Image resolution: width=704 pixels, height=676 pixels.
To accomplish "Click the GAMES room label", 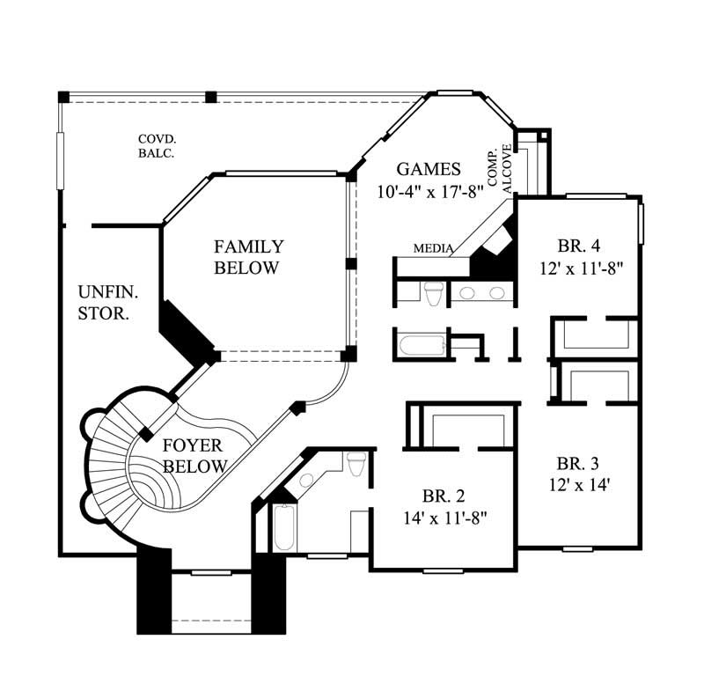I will (428, 169).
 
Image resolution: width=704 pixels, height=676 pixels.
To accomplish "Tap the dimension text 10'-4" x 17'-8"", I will (428, 191).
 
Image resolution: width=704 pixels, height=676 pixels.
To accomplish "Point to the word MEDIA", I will (433, 249).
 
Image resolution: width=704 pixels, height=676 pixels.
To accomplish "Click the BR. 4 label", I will (579, 246).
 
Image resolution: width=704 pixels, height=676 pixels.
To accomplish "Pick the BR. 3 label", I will (578, 463).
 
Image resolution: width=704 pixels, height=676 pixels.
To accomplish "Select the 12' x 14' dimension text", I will (578, 483).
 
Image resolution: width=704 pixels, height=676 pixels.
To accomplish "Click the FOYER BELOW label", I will (195, 455).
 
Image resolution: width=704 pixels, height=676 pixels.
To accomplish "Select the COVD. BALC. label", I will (156, 145).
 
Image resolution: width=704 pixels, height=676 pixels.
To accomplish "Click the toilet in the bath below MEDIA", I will (432, 293).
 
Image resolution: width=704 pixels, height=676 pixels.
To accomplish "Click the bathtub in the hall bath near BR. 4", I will (421, 344).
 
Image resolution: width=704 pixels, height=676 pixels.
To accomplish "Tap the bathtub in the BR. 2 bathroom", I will (283, 528).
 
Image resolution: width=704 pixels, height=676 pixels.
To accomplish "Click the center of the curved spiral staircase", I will (132, 475).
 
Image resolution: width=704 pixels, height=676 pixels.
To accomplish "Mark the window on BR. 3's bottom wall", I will (576, 549).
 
